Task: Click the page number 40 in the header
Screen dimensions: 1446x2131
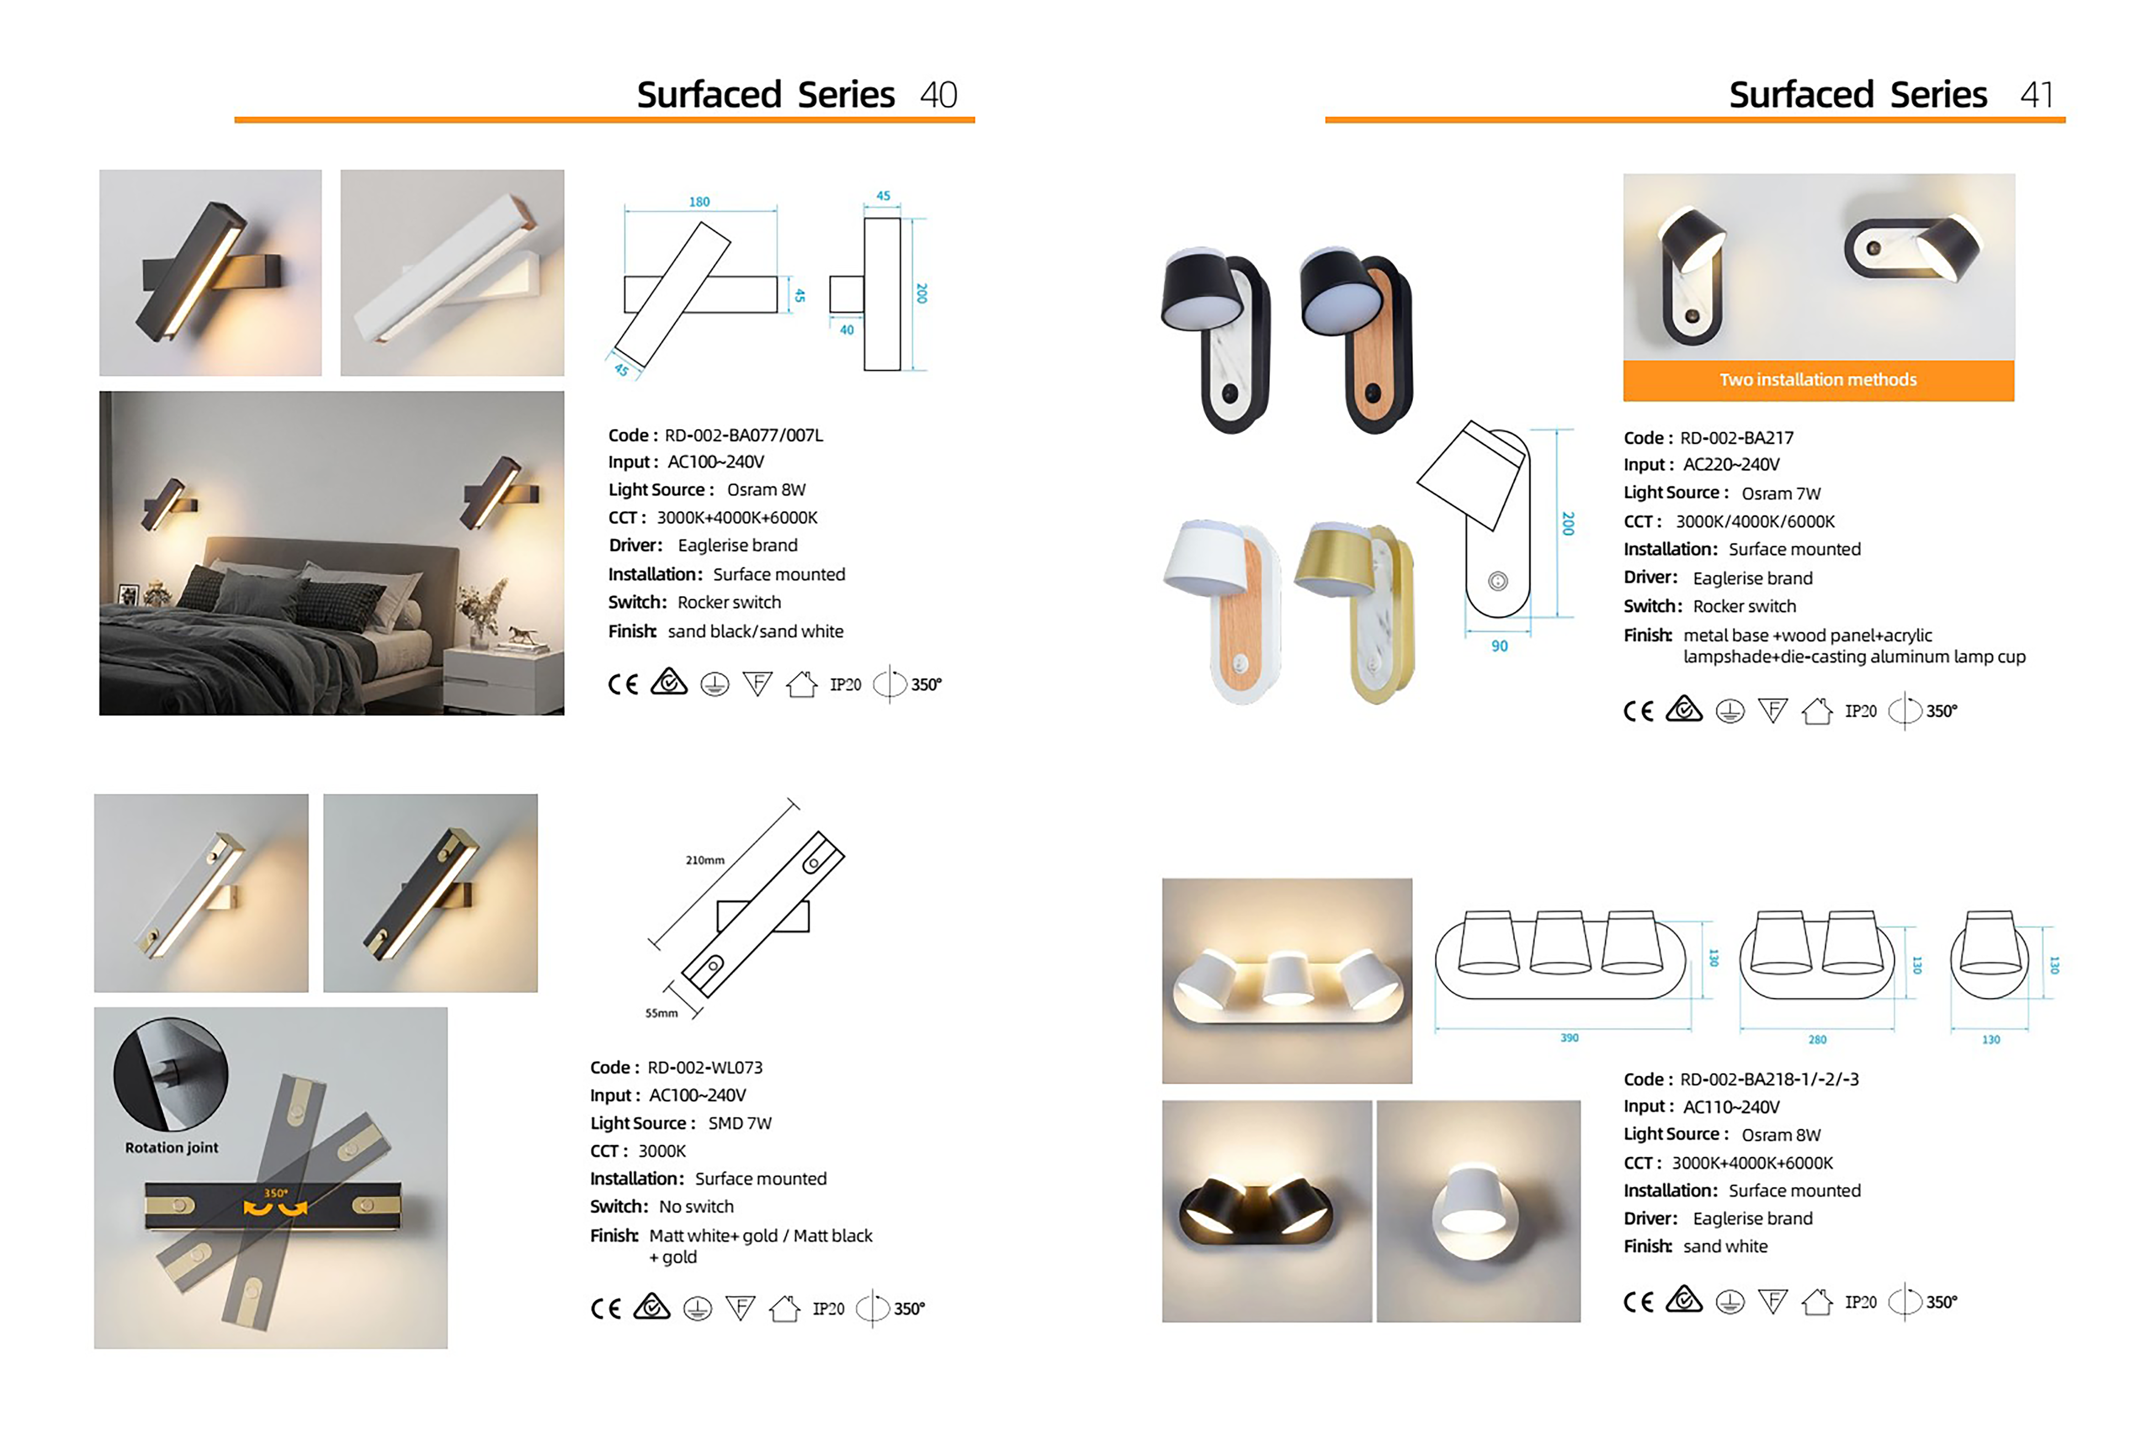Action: tap(938, 95)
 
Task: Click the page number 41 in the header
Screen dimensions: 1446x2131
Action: tap(2036, 95)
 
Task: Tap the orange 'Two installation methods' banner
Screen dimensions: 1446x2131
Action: tap(1817, 380)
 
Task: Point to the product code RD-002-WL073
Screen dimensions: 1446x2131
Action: tap(704, 1067)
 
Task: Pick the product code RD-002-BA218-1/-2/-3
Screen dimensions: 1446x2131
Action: tap(1769, 1079)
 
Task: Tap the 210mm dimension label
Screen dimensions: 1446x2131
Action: tap(704, 860)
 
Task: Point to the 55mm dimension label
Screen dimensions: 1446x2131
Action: tap(661, 1013)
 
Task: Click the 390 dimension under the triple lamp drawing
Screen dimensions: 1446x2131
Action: tap(1569, 1038)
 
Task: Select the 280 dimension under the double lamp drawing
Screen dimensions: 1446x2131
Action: tap(1816, 1040)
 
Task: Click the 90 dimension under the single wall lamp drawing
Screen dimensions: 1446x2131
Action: tap(1499, 646)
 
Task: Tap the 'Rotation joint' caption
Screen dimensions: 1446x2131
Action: tap(171, 1148)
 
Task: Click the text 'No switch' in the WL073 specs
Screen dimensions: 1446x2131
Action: tap(696, 1207)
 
